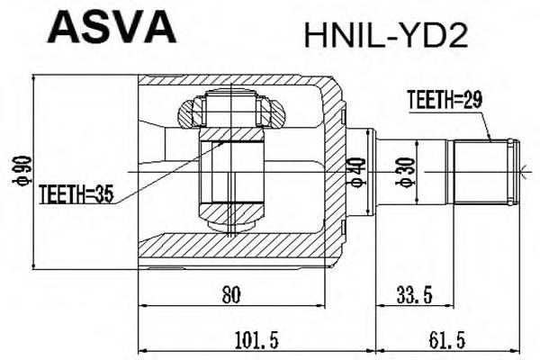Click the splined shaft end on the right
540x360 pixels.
(x=481, y=171)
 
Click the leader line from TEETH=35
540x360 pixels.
(x=162, y=166)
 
